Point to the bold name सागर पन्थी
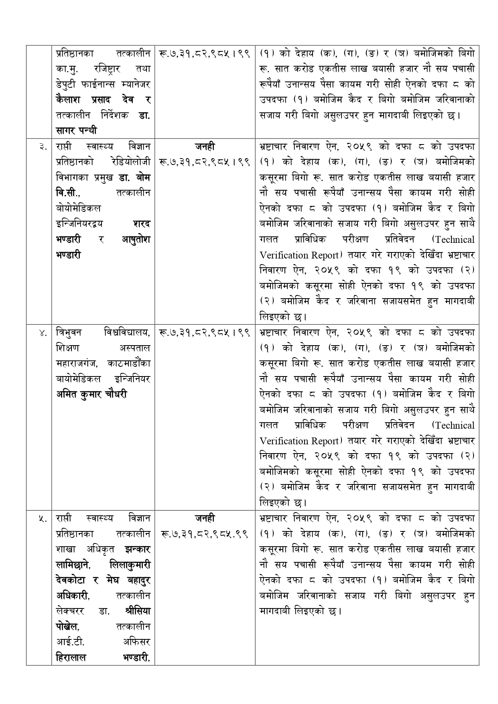coord(77,131)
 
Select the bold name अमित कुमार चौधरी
coord(91,395)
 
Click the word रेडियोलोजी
coord(132,162)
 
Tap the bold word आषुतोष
coord(136,240)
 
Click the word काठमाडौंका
coord(129,364)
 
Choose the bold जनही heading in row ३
coord(205,147)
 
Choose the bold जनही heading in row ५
coord(205,519)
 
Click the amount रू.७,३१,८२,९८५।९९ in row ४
coord(205,333)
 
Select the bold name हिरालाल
coord(71,657)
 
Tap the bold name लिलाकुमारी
coord(130,565)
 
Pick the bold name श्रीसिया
coord(137,611)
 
